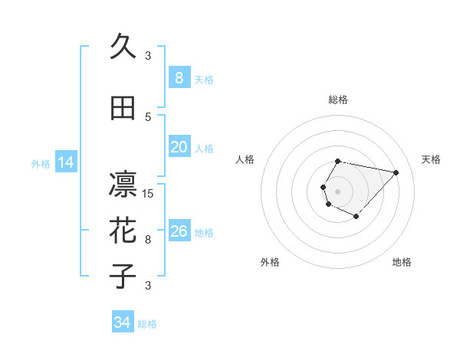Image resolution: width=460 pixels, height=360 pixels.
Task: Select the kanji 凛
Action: click(123, 184)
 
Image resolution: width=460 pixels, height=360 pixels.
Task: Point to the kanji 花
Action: click(123, 230)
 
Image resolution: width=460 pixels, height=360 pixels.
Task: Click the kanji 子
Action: click(123, 276)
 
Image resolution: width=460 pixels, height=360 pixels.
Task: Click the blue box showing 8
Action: click(179, 78)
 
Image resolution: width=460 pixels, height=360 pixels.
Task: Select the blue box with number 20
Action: click(179, 147)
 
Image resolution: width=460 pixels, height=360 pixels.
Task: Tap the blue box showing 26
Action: click(179, 231)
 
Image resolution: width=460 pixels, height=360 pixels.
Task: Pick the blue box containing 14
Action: click(66, 162)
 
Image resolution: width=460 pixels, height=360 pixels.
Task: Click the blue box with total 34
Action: click(122, 322)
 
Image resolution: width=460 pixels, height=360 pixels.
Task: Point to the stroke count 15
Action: click(148, 193)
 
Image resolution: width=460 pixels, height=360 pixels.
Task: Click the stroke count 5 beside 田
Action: click(148, 116)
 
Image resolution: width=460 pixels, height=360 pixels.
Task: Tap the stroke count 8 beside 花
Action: click(148, 240)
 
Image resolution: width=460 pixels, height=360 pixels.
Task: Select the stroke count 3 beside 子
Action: click(148, 286)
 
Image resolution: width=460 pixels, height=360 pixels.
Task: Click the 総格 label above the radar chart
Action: click(338, 100)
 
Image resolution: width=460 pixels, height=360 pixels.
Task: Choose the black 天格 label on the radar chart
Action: click(431, 159)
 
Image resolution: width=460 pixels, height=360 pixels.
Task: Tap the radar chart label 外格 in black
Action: click(270, 262)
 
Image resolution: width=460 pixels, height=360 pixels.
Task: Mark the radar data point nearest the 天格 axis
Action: click(396, 172)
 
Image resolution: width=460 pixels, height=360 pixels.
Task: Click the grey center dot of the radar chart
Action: click(337, 191)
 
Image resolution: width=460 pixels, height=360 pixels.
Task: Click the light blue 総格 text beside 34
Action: click(147, 324)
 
